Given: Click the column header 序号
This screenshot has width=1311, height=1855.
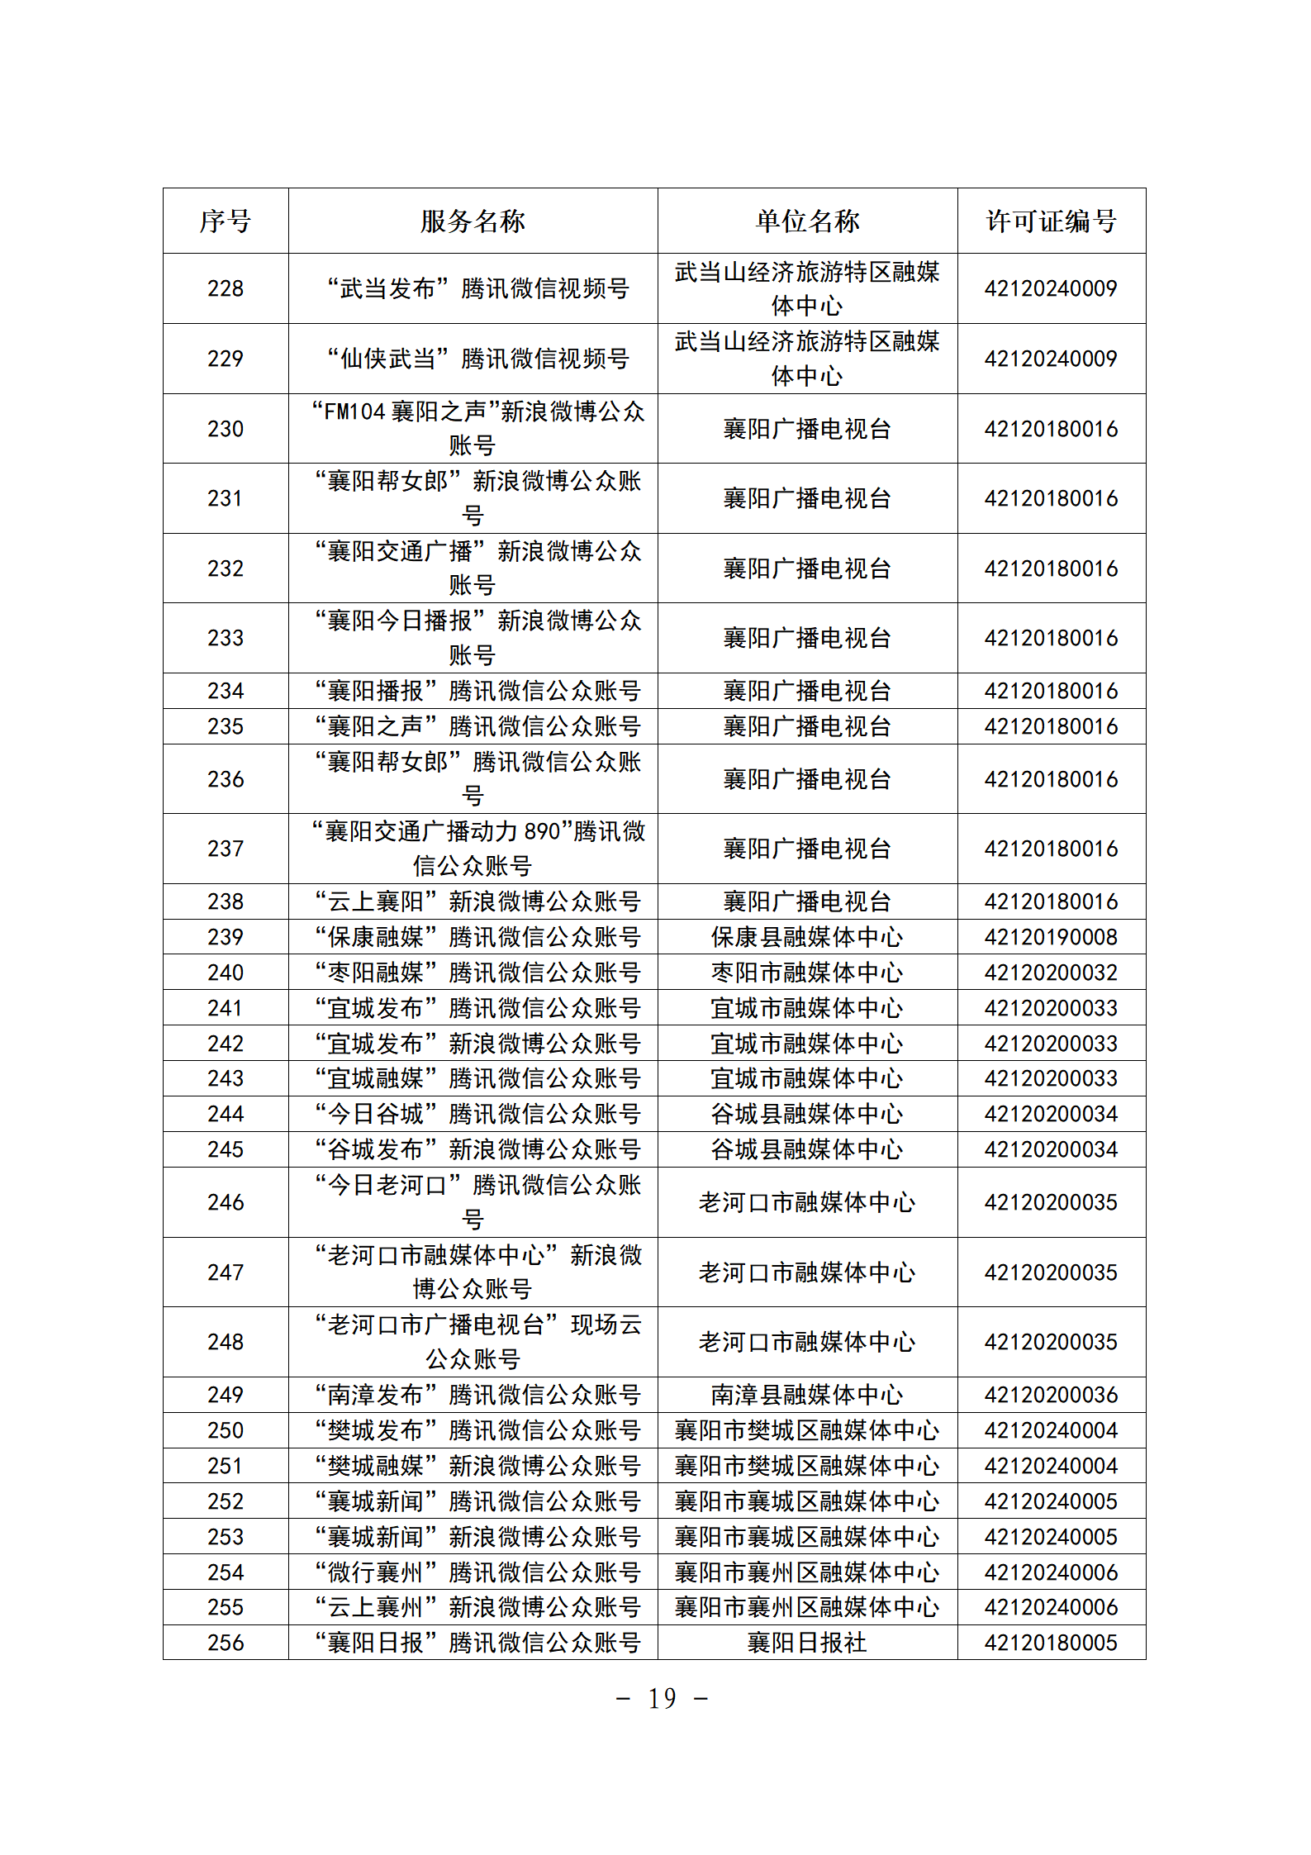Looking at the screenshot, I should (x=225, y=221).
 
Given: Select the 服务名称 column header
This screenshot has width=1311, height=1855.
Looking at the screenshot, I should (x=473, y=221).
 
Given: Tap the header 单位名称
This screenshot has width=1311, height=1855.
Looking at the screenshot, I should (x=807, y=221).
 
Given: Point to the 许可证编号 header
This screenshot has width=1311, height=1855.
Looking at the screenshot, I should (x=1051, y=221).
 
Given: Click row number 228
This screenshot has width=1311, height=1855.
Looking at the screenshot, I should (x=225, y=288).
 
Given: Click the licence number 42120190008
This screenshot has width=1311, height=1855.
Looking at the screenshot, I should (x=1051, y=937).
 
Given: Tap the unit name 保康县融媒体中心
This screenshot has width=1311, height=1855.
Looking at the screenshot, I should (x=807, y=937).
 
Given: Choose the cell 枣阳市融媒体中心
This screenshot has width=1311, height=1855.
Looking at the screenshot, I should (x=807, y=973).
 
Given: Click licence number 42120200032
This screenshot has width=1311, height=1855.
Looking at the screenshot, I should (x=1051, y=973).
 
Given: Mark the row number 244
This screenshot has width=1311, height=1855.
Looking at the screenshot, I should (x=225, y=1114).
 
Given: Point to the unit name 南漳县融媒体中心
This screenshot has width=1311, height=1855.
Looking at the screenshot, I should (x=807, y=1395).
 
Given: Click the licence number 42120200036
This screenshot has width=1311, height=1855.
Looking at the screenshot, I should (x=1051, y=1395).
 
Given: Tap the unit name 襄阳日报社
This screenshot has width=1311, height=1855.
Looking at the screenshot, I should (x=807, y=1643).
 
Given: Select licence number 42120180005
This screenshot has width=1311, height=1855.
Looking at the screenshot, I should (x=1051, y=1643).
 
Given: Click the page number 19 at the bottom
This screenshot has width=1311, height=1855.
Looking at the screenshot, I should (x=662, y=1699).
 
